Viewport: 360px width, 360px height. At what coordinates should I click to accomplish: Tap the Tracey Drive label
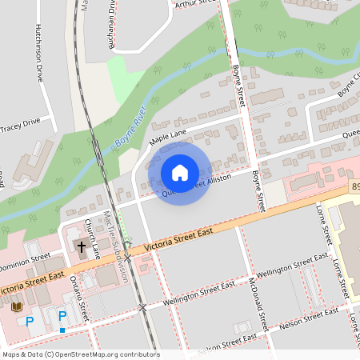click(x=20, y=125)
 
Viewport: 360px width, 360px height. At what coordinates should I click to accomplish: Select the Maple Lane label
click(x=167, y=139)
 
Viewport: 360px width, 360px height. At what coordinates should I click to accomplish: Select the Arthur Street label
click(x=196, y=3)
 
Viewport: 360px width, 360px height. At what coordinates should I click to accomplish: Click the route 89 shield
click(x=354, y=186)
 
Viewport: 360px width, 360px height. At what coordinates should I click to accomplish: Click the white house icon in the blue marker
click(x=180, y=172)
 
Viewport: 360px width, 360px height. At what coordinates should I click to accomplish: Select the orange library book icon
click(x=17, y=306)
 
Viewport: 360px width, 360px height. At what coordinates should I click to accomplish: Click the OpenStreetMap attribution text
click(x=80, y=354)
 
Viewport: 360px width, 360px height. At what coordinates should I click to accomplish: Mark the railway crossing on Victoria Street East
click(x=126, y=258)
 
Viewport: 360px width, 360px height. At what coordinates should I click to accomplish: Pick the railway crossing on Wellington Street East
click(x=142, y=307)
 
